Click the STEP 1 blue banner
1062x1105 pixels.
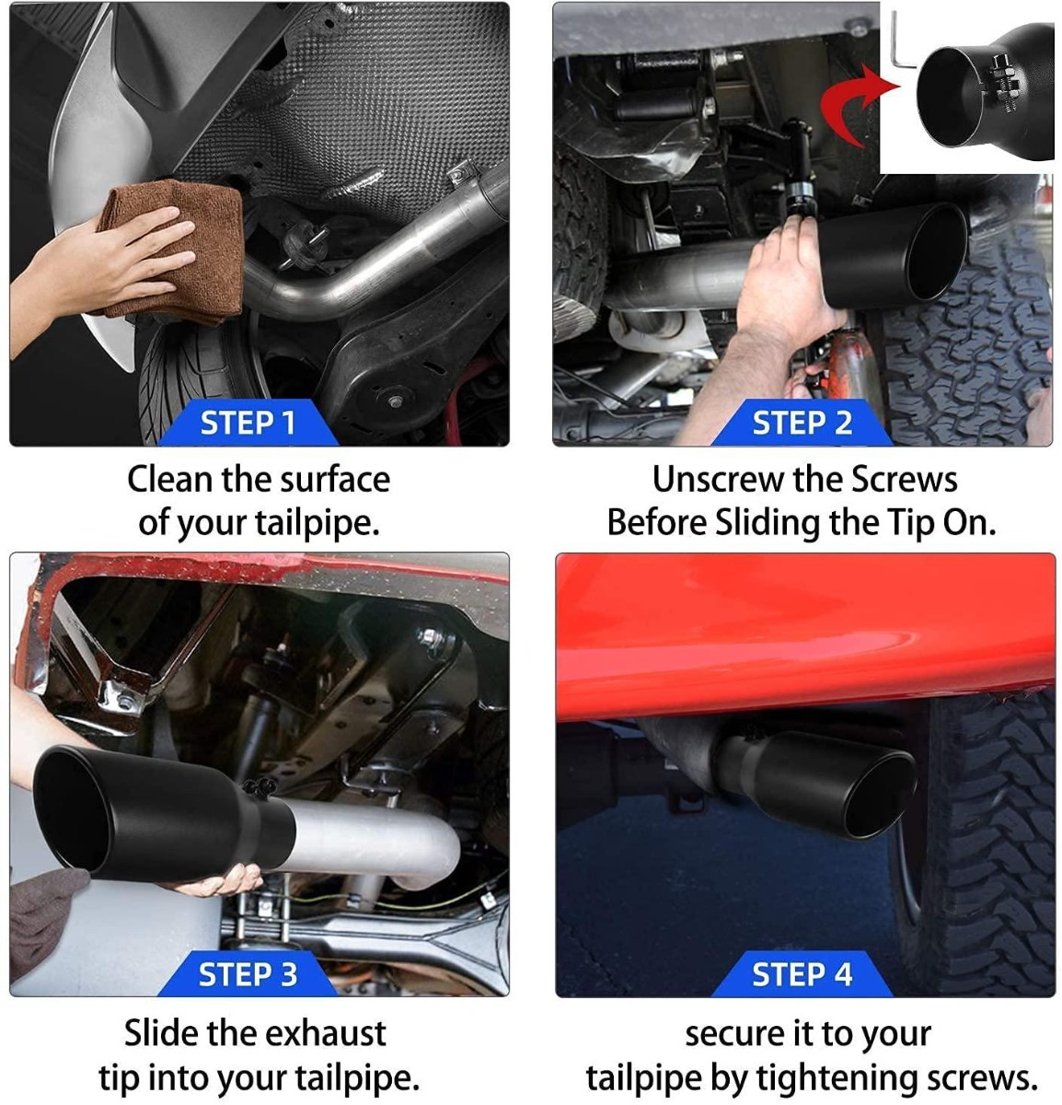[248, 422]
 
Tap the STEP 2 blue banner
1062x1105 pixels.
[802, 422]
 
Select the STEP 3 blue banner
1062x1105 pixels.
[248, 973]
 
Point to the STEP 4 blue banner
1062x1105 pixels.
[802, 973]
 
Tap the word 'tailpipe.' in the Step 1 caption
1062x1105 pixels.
[317, 523]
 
